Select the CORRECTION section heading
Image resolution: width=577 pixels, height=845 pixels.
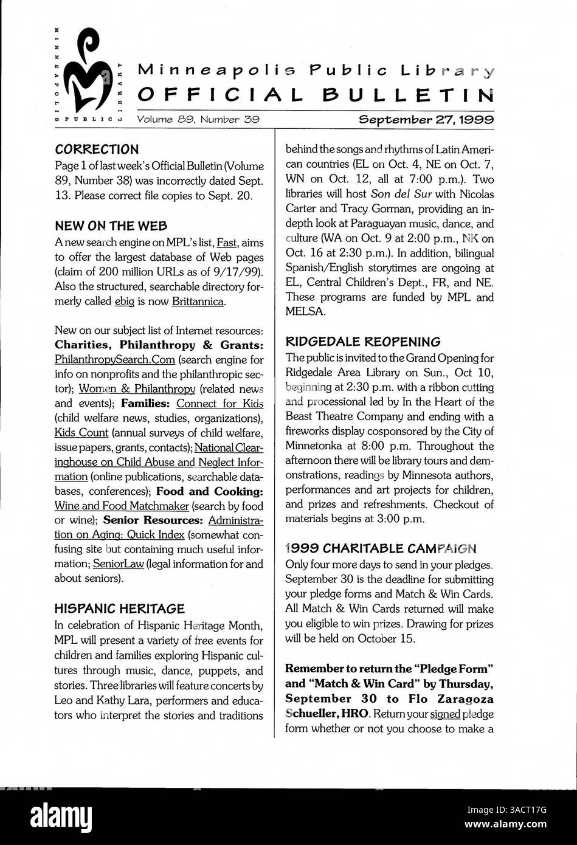96,149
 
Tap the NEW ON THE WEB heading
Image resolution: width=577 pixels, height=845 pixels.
111,226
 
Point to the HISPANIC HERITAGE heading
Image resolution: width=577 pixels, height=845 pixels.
119,608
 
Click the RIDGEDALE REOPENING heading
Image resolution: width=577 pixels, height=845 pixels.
362,342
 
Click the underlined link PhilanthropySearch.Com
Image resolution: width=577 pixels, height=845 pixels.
114,360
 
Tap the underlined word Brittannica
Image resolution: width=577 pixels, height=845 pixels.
198,302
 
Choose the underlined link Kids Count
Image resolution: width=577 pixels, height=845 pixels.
81,433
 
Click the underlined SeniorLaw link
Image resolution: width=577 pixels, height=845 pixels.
119,564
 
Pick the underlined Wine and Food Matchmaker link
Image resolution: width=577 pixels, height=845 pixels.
121,506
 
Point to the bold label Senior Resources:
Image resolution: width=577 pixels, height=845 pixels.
153,520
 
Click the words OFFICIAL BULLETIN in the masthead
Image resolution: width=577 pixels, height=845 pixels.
316,95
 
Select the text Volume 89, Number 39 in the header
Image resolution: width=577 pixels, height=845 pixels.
198,120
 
